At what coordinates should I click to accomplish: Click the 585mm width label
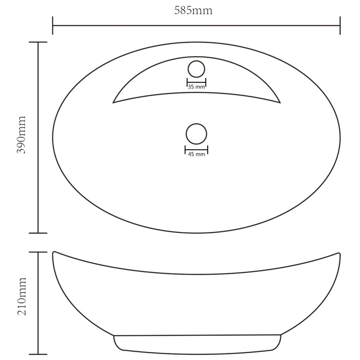tap(193, 11)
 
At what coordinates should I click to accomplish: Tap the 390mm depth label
tap(22, 135)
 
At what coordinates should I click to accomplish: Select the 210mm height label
tap(22, 296)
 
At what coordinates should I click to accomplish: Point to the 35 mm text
tap(196, 87)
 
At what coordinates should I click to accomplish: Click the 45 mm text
tap(196, 154)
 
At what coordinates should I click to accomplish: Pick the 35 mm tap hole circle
tap(196, 61)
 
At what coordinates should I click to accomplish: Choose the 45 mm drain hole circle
tap(196, 124)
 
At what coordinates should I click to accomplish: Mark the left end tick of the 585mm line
tap(52, 26)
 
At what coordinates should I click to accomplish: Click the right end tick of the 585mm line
tap(340, 26)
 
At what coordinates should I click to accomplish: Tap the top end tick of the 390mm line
tap(38, 42)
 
